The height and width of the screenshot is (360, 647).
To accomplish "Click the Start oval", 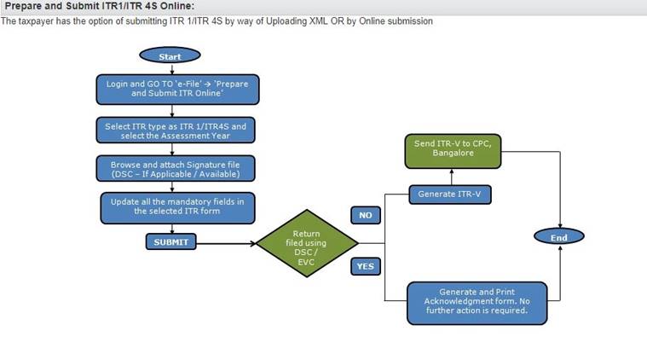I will (170, 56).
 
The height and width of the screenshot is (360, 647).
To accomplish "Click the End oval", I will (558, 236).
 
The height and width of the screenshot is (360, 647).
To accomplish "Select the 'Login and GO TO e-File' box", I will (177, 89).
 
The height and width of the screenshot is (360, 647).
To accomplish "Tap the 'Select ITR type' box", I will (176, 131).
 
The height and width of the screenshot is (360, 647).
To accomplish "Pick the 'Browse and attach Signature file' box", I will (176, 168).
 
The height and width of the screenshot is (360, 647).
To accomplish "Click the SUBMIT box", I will (170, 242).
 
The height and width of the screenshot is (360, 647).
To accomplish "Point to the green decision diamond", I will (306, 242).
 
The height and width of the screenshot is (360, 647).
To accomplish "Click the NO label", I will (365, 215).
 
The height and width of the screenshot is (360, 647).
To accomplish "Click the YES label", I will (365, 266).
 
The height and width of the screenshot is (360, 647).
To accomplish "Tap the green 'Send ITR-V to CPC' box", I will (453, 150).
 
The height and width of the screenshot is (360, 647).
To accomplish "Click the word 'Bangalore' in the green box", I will (453, 155).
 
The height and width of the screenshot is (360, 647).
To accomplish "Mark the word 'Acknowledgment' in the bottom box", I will (452, 301).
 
